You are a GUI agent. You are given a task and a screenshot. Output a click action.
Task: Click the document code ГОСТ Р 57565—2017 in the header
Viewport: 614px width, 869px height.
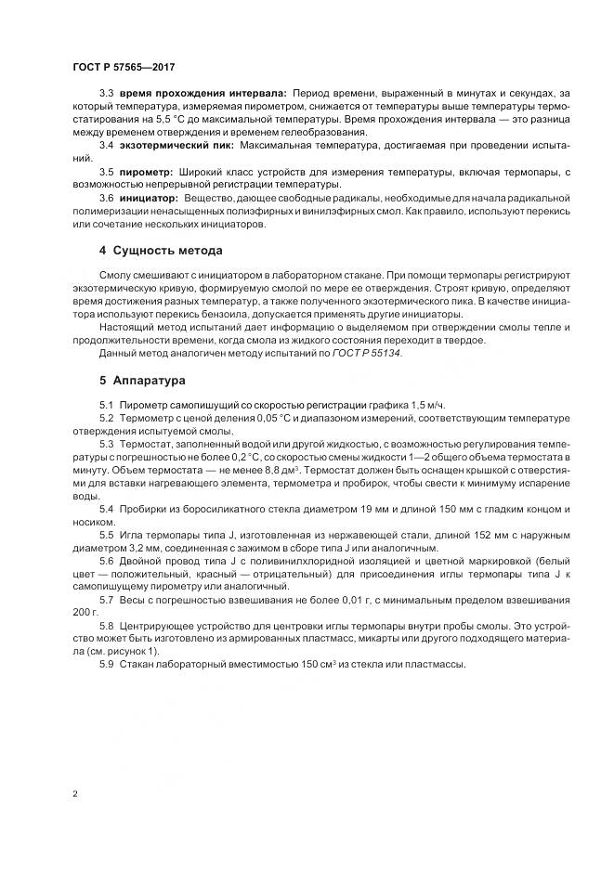click(x=124, y=67)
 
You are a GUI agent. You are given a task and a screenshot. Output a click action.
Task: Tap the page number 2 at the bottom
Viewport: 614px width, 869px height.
click(x=74, y=796)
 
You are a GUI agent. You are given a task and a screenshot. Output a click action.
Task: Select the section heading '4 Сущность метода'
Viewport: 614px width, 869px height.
click(x=159, y=252)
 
